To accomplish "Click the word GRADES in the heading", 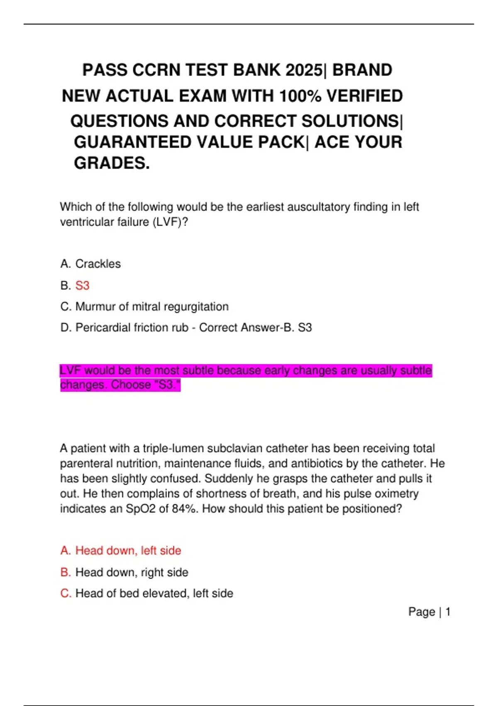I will click(112, 163).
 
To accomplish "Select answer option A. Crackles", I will click(90, 264).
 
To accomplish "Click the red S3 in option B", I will click(82, 286).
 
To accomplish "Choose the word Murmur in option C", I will click(94, 306).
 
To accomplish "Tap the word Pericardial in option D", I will click(103, 328).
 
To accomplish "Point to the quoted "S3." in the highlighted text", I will click(167, 385).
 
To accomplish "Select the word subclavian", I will click(234, 449).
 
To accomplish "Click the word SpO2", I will click(141, 509).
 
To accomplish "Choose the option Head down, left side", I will click(128, 551).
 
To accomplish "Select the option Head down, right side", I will click(132, 572).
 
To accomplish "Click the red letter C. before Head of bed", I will click(66, 593).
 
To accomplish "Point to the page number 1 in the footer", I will click(448, 612).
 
